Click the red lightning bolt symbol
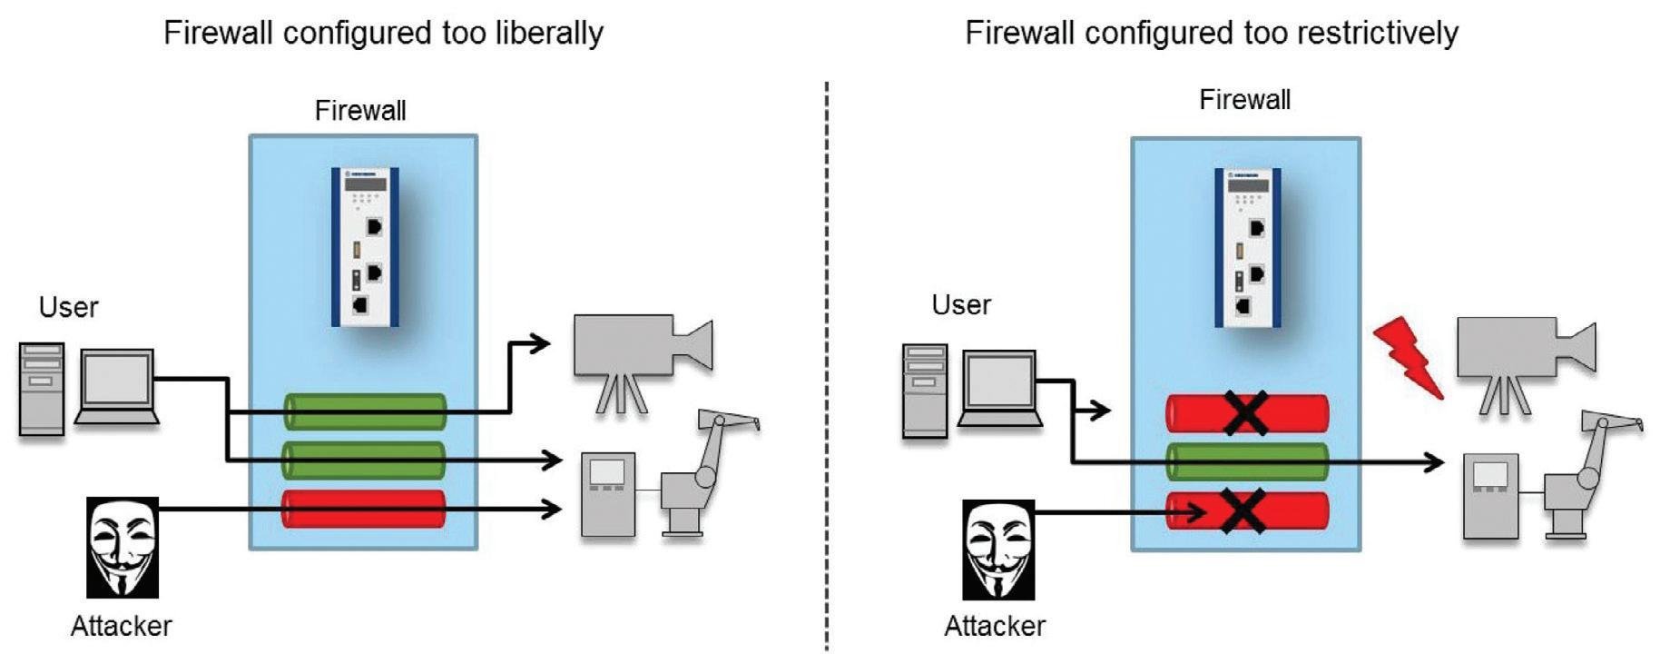pos(1406,357)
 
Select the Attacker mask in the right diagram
pos(997,549)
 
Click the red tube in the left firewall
pos(363,509)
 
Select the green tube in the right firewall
pos(1246,461)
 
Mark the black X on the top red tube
pos(1246,412)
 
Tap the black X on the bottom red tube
pos(1243,510)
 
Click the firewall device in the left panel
pos(365,246)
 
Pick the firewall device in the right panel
pos(1248,246)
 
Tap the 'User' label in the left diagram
pos(68,307)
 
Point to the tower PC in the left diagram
pos(42,389)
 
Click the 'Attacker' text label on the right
pos(995,626)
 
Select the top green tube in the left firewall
pos(365,411)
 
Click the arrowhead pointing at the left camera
pos(541,343)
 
